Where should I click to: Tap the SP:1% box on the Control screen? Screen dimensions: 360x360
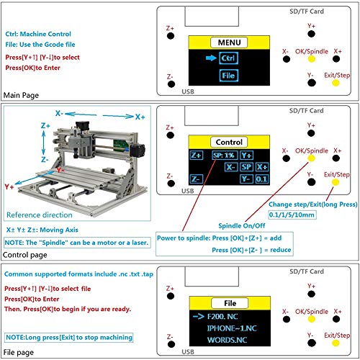[x=224, y=155]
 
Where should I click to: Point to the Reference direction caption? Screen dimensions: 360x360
[x=41, y=215]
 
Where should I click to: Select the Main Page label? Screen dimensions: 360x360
[x=22, y=95]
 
